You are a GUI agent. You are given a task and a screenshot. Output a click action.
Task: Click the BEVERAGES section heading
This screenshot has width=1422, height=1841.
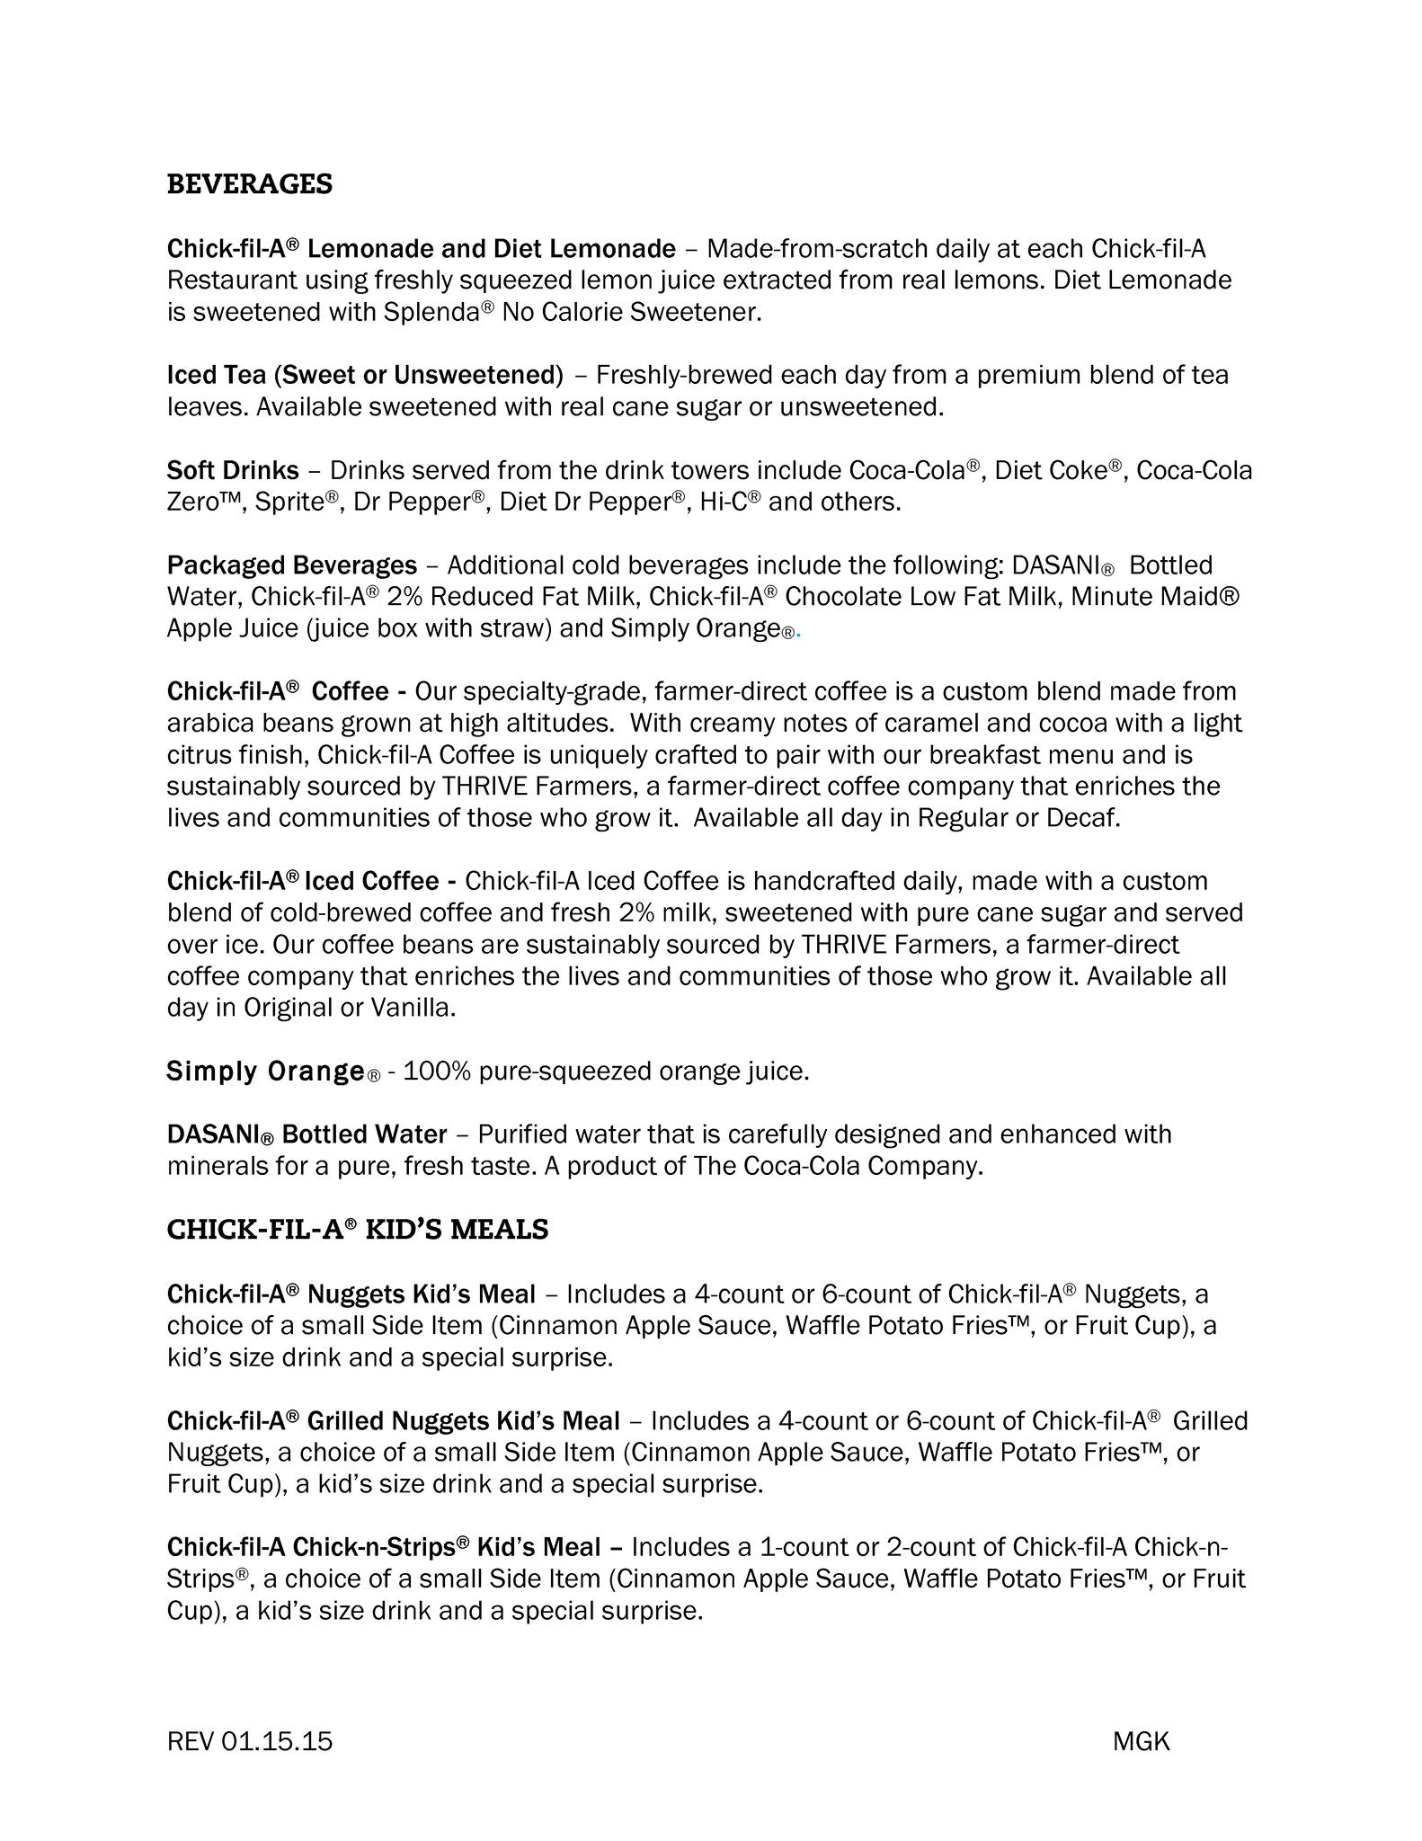coord(250,184)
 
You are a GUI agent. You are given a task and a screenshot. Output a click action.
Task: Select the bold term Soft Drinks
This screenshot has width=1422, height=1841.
coord(233,470)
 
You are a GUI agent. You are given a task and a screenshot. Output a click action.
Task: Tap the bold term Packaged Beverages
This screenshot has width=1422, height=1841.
coord(292,565)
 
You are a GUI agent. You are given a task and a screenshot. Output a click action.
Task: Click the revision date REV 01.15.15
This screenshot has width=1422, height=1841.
coord(250,1741)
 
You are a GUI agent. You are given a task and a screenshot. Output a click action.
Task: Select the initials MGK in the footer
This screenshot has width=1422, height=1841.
coord(1141,1741)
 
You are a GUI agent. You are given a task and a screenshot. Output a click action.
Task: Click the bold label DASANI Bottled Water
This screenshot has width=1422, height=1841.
coord(307,1134)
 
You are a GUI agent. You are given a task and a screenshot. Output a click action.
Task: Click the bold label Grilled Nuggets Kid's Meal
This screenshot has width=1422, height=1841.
coord(463,1421)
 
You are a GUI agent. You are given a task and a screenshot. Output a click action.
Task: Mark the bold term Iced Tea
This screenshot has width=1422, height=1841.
coord(217,375)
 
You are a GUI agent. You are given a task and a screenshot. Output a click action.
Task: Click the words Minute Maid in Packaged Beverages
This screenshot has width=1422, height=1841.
coord(1174,597)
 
